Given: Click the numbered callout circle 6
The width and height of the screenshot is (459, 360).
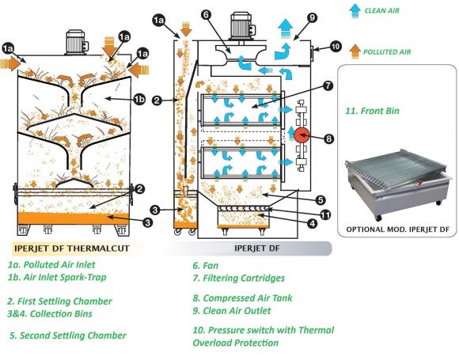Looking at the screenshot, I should (205, 13).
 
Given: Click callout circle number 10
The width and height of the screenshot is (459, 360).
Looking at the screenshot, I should (336, 47).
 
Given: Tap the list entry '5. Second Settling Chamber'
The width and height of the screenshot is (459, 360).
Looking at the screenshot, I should (68, 335).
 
